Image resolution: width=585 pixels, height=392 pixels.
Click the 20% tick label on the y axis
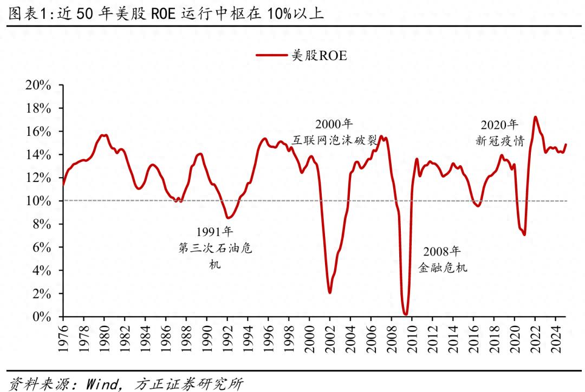point(37,86)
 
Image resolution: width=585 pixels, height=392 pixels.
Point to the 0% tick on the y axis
point(41,317)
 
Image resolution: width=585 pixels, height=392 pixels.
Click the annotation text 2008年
point(442,251)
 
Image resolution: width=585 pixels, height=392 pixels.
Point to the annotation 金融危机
point(442,267)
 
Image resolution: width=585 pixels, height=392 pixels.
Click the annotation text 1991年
point(214,232)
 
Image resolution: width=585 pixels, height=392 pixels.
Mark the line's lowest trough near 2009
point(406,313)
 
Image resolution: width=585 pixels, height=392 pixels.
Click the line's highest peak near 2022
point(535,117)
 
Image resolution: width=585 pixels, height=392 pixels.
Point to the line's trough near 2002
point(329,292)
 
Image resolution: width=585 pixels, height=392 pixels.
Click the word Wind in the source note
point(101,384)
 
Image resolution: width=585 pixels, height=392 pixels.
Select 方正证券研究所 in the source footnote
point(188,384)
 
